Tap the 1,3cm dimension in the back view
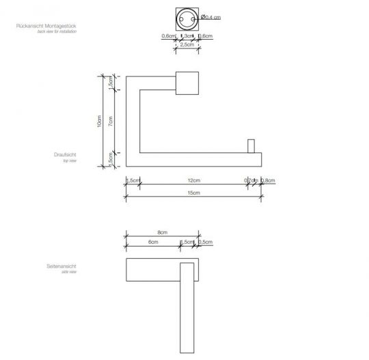(184, 36)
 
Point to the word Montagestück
(61, 26)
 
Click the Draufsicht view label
(66, 156)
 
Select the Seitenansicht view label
(63, 265)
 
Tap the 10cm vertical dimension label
(99, 122)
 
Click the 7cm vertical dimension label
(111, 121)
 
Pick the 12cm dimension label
(193, 180)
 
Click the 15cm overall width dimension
(193, 194)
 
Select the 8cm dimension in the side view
(161, 233)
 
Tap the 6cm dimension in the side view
(152, 243)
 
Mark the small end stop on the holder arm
(251, 147)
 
